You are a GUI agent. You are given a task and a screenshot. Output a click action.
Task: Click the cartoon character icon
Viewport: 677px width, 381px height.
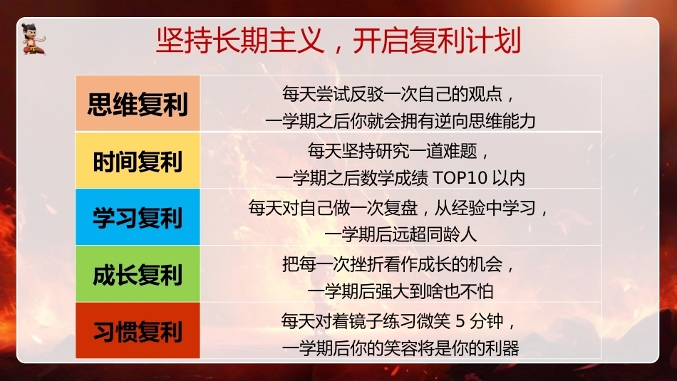pos(33,39)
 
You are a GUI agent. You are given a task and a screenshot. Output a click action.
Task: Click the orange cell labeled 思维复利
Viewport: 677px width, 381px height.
pos(138,103)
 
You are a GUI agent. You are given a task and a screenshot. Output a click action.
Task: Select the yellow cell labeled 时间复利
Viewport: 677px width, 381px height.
pos(138,160)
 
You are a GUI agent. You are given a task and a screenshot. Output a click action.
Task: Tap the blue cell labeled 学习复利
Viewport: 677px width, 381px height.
pos(138,217)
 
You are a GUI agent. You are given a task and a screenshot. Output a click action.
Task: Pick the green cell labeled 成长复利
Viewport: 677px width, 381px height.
pos(138,274)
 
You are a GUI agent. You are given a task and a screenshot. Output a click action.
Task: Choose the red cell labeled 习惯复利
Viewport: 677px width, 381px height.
pos(138,330)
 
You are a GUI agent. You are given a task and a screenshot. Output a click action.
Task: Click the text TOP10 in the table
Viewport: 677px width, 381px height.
pos(460,178)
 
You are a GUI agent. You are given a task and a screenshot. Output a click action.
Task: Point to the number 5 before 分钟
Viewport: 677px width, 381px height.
pos(460,321)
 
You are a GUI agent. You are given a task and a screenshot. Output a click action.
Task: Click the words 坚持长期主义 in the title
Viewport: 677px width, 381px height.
pos(239,41)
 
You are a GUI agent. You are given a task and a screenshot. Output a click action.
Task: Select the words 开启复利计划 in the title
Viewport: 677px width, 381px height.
pos(437,41)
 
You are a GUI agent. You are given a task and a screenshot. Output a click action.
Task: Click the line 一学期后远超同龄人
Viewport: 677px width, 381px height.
pos(400,235)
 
